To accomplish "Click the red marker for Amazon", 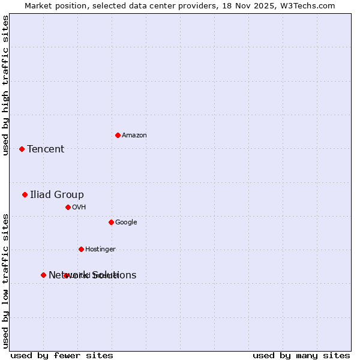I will (x=118, y=135).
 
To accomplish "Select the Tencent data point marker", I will (x=22, y=149).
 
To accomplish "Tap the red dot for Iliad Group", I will (x=25, y=194).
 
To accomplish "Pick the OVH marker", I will (x=68, y=207).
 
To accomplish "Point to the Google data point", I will (x=111, y=222).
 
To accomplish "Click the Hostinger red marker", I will (x=81, y=249).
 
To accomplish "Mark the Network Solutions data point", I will (x=43, y=275).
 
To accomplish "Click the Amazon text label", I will (x=134, y=135).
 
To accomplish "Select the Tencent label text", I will (x=46, y=149).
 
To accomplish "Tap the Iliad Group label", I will (x=57, y=194).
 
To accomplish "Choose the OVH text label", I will (x=79, y=207).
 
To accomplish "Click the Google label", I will (x=126, y=222).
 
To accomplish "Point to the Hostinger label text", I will (x=100, y=249).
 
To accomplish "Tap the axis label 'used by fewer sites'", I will (x=62, y=355).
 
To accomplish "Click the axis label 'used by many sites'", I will (x=301, y=355).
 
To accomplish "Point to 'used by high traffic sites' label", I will (x=6, y=85).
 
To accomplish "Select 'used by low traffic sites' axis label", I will (x=6, y=281).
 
